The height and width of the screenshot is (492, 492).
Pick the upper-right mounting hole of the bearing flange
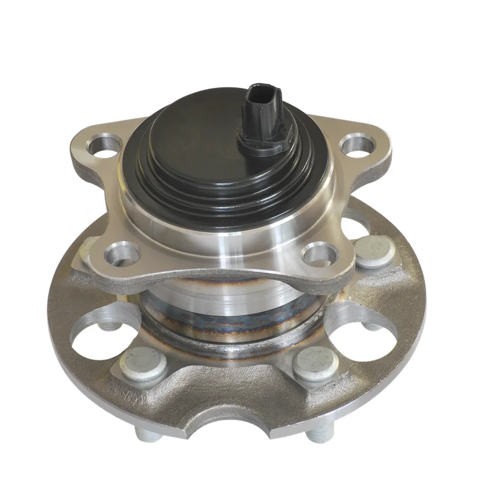pyautogui.click(x=358, y=145)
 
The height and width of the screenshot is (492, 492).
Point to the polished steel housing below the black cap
pyautogui.click(x=215, y=234)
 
